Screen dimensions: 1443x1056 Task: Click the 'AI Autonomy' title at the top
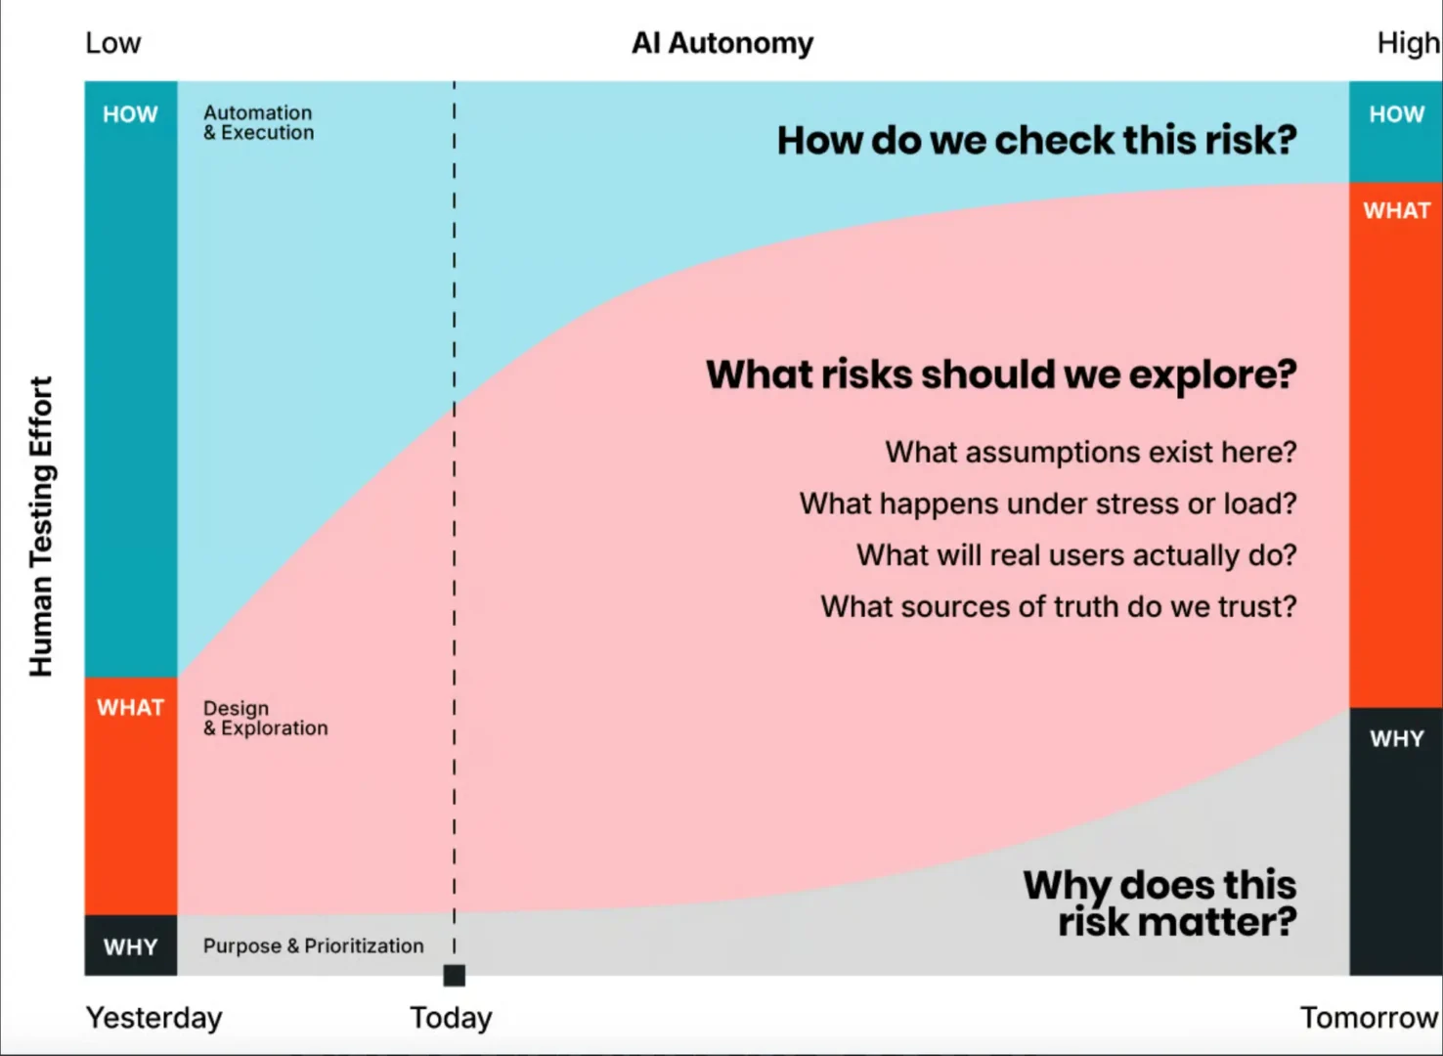722,44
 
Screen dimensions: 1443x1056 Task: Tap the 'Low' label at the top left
112,44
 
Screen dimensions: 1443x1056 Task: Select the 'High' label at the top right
1409,44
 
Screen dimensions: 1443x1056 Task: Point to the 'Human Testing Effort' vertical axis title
41,526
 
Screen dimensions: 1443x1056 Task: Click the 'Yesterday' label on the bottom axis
153,1018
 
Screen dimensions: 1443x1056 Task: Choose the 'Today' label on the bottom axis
451,1018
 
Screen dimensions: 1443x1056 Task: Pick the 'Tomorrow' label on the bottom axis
1370,1018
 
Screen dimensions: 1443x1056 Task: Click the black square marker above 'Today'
455,976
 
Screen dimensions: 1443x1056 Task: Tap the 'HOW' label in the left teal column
130,114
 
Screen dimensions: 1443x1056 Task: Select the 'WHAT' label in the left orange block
131,708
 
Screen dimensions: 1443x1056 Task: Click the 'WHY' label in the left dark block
131,947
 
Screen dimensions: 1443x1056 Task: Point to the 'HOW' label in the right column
1397,114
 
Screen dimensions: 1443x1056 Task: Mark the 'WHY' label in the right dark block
1397,738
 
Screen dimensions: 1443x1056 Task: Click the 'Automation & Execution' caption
259,122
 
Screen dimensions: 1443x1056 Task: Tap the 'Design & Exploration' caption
265,718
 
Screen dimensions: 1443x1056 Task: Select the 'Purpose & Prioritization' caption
314,946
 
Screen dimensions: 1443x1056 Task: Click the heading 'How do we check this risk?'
1037,141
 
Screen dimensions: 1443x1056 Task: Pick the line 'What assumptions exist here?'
1091,453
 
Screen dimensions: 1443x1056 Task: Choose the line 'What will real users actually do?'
1076,555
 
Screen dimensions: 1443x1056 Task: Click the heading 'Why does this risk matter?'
1159,903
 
